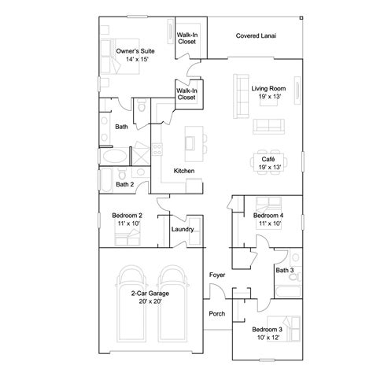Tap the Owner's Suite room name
(133, 50)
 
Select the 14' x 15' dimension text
(133, 59)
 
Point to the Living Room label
(267, 88)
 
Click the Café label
(267, 158)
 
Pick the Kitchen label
(184, 171)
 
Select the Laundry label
(183, 229)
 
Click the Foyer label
(217, 275)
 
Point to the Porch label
(217, 313)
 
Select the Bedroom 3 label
(267, 329)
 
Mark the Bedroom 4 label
(268, 215)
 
